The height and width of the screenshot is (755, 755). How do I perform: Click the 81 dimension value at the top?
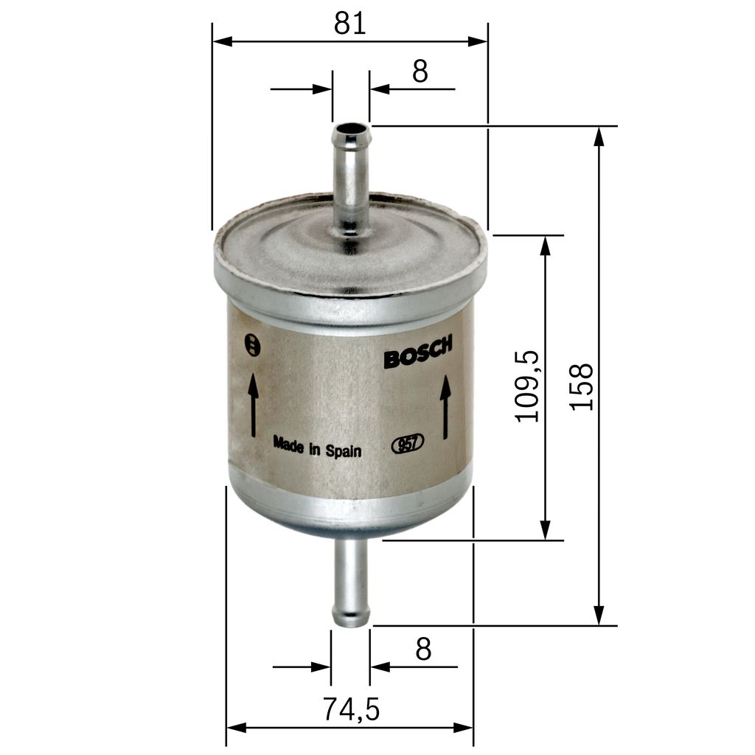(x=349, y=24)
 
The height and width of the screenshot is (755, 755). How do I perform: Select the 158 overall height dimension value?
(x=582, y=386)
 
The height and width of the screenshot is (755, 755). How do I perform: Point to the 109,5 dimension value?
(x=528, y=386)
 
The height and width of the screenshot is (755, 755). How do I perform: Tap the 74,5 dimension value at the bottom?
(x=350, y=709)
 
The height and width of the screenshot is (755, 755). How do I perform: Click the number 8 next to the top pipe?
(x=420, y=72)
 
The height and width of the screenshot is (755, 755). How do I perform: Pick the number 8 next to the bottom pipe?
(x=422, y=650)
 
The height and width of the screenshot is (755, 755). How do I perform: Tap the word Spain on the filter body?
(x=344, y=450)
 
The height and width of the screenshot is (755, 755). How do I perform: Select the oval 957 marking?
(x=407, y=444)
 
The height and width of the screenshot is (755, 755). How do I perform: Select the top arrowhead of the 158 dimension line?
(x=599, y=136)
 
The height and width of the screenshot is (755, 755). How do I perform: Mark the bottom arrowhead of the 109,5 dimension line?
(x=545, y=529)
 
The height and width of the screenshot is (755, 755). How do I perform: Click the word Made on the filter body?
(x=288, y=444)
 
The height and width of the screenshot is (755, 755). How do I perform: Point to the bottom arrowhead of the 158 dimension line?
(x=599, y=615)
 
